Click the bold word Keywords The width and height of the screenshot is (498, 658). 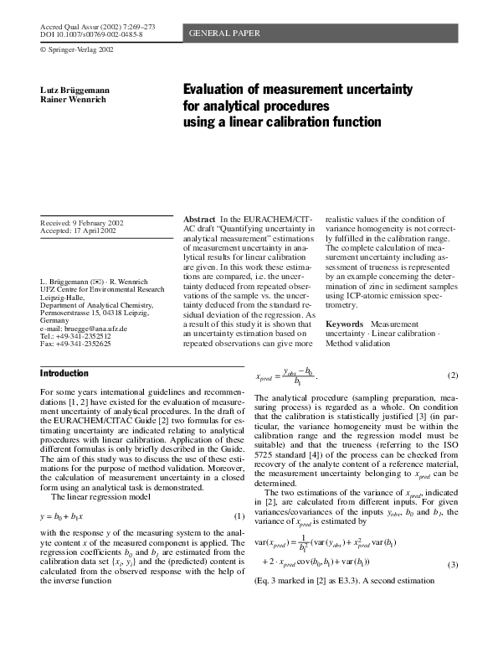point(343,324)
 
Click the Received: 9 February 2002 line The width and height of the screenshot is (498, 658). point(82,222)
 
